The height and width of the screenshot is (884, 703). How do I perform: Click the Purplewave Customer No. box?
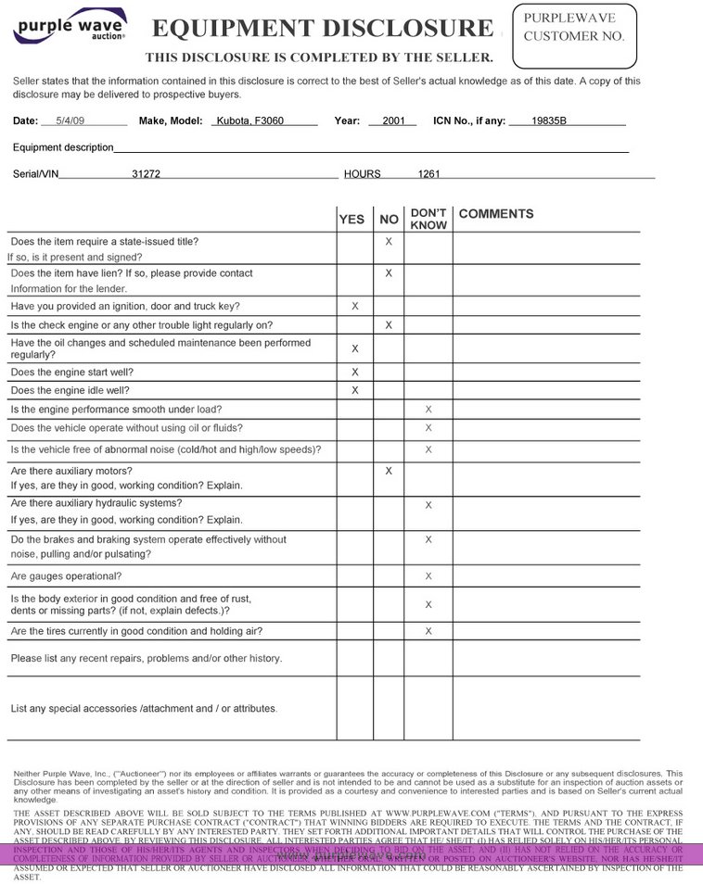coord(575,36)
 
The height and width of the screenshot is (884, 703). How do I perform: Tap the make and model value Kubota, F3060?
coord(250,120)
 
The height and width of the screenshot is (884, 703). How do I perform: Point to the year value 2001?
coord(393,120)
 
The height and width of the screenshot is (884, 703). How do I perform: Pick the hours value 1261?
coord(429,173)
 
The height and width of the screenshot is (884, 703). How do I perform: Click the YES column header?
coord(352,220)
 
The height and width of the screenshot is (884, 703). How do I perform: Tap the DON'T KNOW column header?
coord(428,219)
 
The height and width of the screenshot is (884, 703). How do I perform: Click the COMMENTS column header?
coord(496,214)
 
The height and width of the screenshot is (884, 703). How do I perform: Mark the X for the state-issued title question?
coord(389,242)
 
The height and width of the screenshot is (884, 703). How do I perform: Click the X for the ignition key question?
coord(355,306)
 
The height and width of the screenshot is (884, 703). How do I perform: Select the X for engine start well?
coord(355,372)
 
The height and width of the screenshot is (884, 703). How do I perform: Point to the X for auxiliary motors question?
coord(389,471)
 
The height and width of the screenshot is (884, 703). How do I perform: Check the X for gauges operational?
coord(428,576)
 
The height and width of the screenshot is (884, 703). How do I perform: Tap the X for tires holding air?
coord(428,631)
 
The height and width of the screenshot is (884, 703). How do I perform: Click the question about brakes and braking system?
coord(148,547)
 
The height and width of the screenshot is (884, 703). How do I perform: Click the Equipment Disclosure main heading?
coord(323,29)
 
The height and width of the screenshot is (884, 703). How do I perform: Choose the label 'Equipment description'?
coord(63,147)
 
